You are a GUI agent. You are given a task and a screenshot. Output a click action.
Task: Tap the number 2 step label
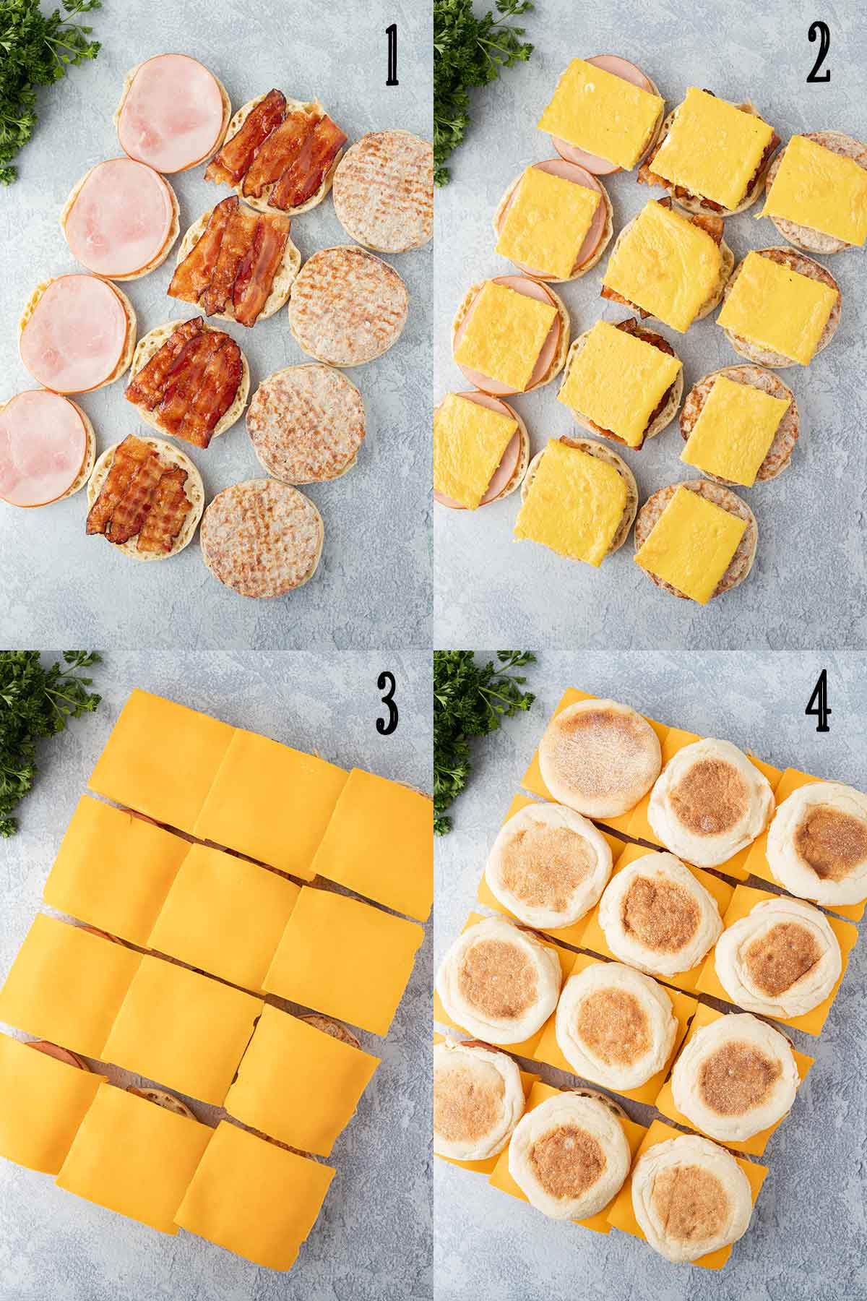point(818,56)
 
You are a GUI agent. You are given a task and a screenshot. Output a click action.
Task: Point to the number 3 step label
point(387,706)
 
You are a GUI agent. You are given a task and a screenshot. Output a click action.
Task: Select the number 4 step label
point(818,706)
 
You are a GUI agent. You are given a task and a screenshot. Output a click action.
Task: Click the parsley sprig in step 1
point(36,72)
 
